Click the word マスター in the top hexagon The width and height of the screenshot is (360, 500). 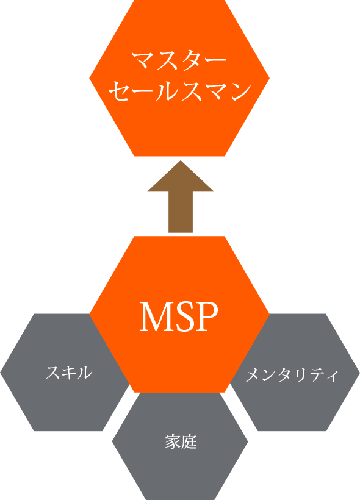(179, 60)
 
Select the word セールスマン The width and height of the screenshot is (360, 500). (179, 91)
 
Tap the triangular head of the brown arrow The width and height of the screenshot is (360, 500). (181, 176)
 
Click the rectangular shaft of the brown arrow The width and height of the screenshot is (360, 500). (181, 212)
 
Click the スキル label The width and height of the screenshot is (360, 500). (69, 372)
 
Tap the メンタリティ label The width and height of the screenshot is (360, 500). (292, 374)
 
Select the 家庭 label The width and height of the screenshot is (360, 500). (181, 441)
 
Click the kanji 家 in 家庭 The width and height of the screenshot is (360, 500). (173, 441)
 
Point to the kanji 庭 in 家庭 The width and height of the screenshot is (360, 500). (189, 441)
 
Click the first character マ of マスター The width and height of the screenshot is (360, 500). (143, 60)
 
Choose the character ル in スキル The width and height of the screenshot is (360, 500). (85, 372)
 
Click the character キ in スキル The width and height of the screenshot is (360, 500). (69, 372)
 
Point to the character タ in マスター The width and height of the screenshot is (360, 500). (192, 60)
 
